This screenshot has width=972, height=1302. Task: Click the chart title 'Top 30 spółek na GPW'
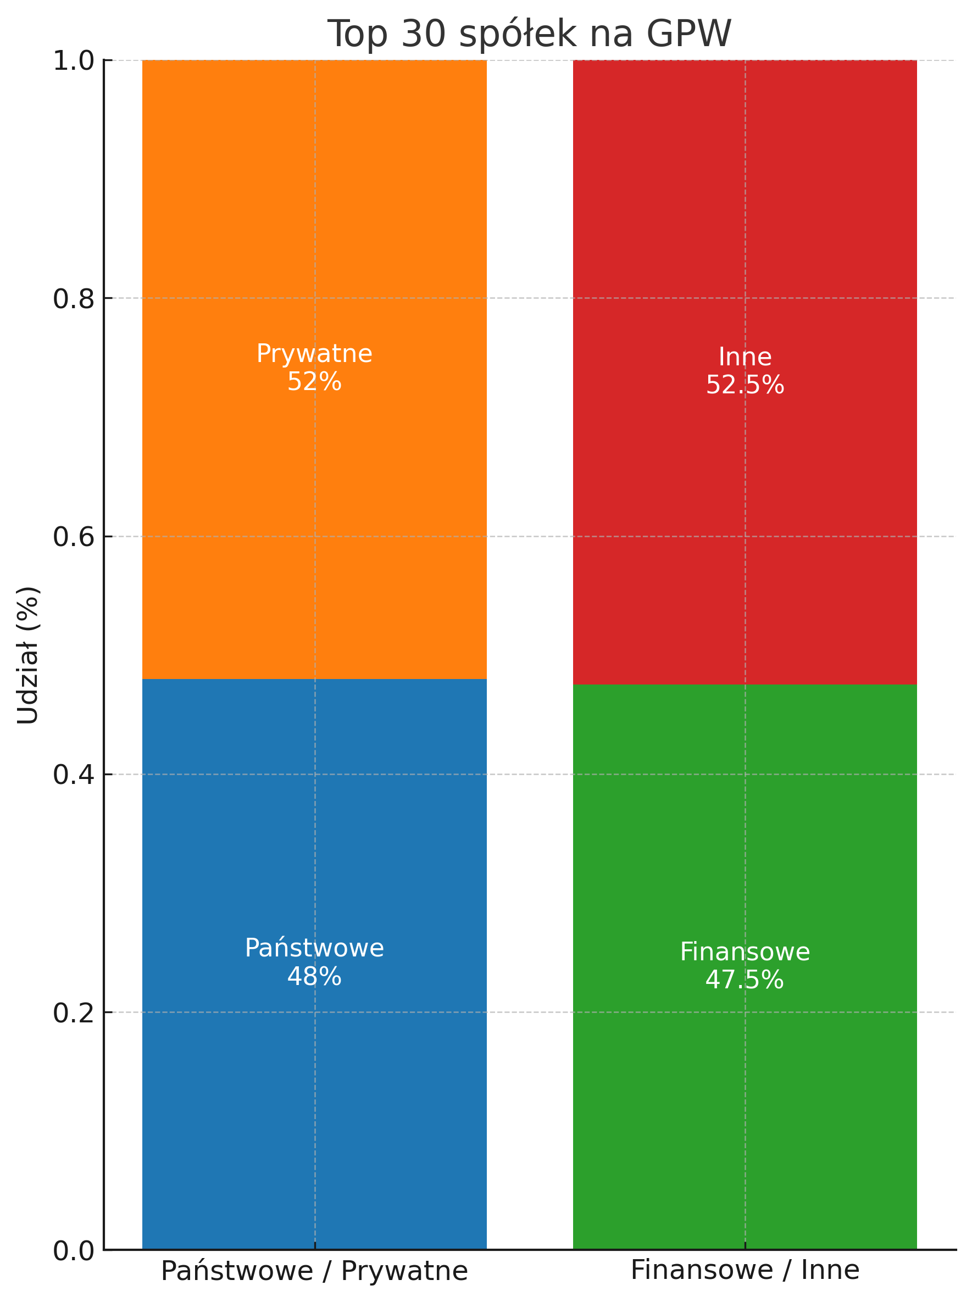point(529,34)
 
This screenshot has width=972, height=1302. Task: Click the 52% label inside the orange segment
point(314,382)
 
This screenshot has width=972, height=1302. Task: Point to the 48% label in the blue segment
point(314,977)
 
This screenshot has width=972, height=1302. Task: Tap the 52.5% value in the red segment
point(745,385)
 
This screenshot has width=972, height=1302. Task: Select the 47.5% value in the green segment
point(745,980)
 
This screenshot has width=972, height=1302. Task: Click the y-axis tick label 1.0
point(74,60)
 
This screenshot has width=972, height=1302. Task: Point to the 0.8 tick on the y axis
point(74,299)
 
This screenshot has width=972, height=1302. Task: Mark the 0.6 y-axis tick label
point(74,537)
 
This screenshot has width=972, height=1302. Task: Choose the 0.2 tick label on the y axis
point(74,1013)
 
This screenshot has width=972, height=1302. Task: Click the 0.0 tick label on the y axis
point(74,1251)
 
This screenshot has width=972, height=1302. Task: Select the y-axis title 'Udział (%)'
point(27,655)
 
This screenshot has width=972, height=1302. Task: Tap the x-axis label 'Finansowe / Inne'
point(745,1270)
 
